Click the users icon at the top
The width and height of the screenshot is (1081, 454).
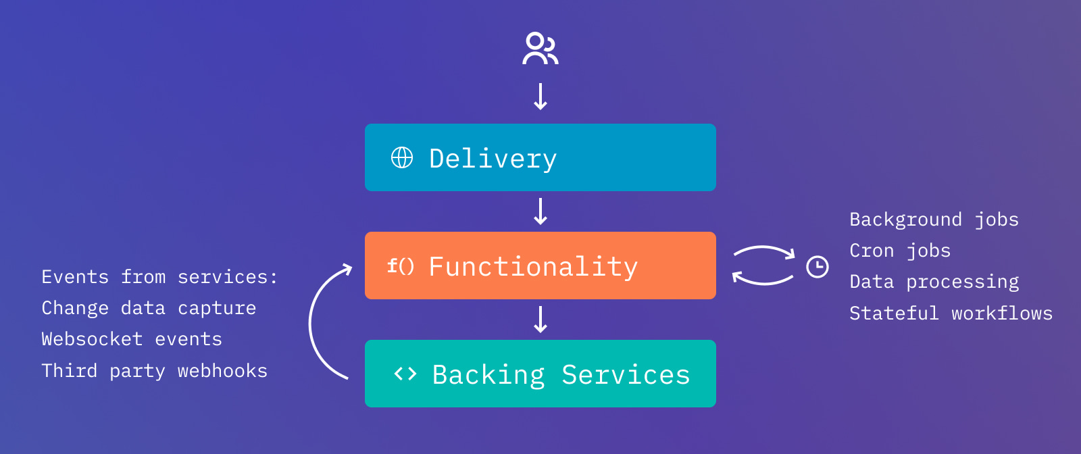pos(540,49)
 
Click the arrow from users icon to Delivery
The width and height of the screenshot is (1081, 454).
pos(540,97)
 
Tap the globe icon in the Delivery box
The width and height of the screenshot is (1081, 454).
pos(402,158)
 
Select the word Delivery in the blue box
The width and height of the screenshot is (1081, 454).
pos(493,159)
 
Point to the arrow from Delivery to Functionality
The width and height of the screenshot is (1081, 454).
pos(540,211)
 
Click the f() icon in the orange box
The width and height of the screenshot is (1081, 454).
pos(401,266)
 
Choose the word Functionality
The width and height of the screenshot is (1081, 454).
pos(533,267)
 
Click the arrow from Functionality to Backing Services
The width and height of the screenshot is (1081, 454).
pos(540,320)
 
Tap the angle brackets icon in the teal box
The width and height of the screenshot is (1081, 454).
pos(405,374)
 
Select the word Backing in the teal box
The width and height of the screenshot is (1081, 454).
pos(488,375)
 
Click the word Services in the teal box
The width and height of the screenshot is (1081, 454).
pos(626,375)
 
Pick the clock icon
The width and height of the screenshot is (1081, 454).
pos(818,267)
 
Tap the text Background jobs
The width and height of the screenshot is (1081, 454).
pos(934,220)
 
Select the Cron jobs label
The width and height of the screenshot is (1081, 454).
pos(900,251)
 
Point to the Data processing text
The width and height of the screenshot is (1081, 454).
pos(934,282)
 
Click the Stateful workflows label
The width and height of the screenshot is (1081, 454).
pos(951,313)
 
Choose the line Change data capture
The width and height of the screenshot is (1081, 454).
pos(149,309)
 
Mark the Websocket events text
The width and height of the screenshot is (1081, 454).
pos(132,339)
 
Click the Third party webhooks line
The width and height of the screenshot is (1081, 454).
pos(154,371)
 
